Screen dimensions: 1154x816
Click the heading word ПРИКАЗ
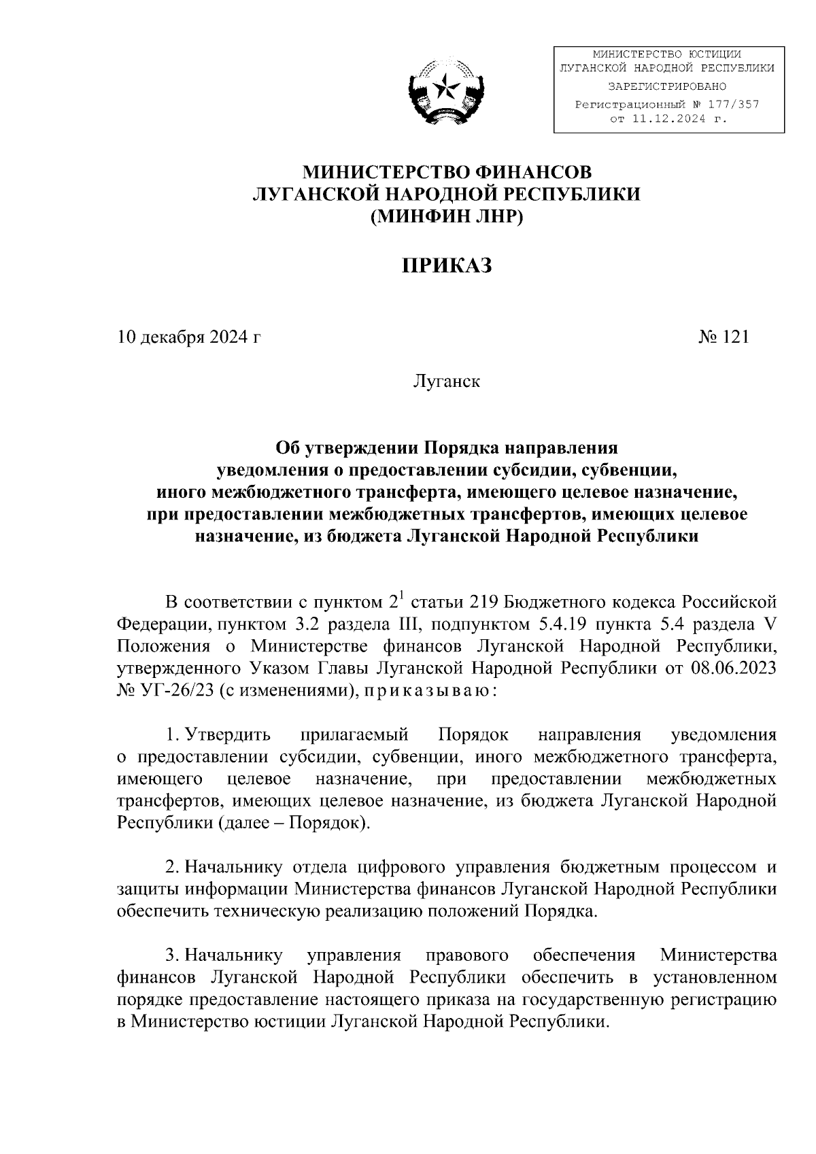(446, 265)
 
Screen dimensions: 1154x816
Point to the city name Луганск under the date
(446, 381)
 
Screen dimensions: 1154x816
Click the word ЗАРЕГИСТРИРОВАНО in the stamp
(666, 86)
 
